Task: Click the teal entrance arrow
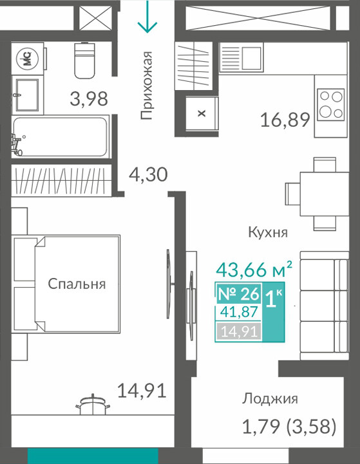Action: click(147, 16)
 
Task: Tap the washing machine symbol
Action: click(28, 58)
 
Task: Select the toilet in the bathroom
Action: click(84, 60)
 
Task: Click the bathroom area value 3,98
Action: click(89, 99)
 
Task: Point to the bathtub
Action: click(60, 136)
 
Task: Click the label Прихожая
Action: click(147, 86)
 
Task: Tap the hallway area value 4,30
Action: click(148, 174)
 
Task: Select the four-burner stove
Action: click(330, 104)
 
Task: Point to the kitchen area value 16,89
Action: click(285, 120)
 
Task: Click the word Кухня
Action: click(268, 232)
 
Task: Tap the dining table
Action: click(324, 194)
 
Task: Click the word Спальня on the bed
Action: click(77, 284)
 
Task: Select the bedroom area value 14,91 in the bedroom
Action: click(142, 391)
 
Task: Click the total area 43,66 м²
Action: click(254, 270)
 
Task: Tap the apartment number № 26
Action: click(239, 293)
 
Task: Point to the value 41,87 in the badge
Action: click(239, 312)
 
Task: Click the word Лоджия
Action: click(270, 399)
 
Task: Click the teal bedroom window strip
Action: click(93, 456)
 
